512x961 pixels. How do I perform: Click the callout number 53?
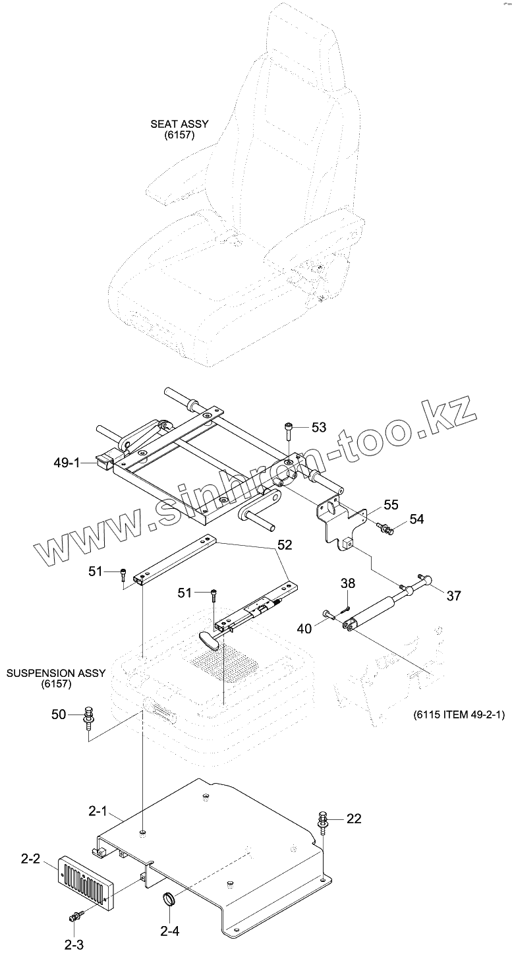coord(318,428)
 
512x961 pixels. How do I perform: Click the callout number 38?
coord(348,583)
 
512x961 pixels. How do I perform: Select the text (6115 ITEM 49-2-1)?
coord(459,714)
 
